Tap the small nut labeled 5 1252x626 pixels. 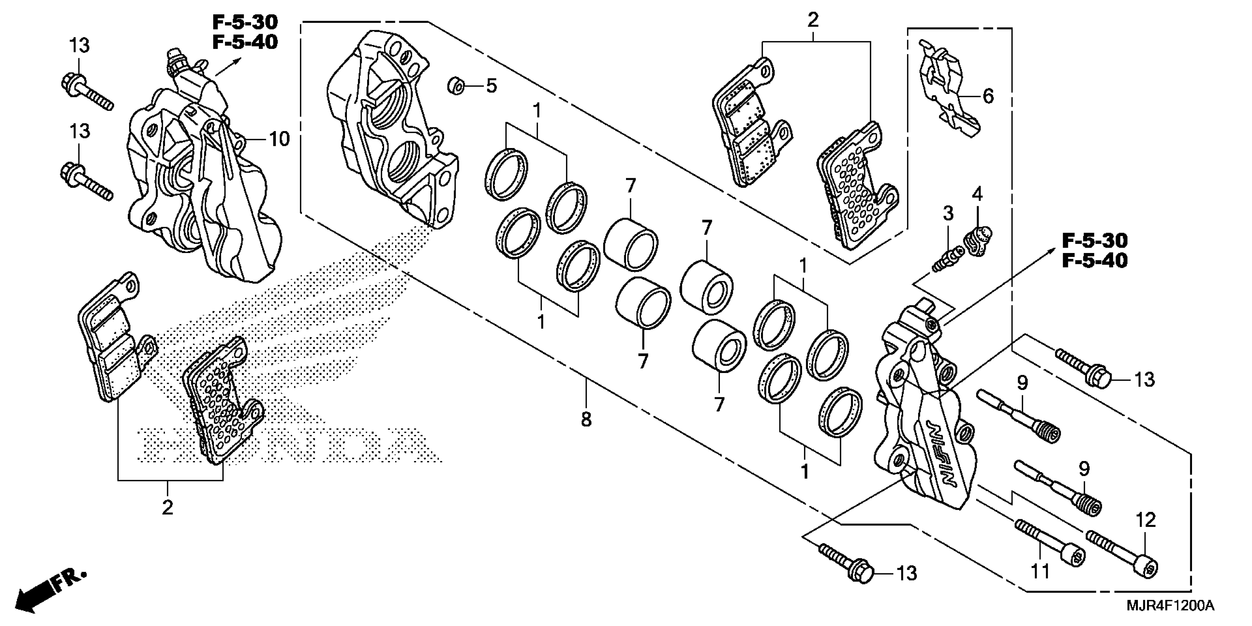[456, 86]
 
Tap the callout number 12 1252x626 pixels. [1146, 520]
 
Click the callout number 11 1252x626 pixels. [1041, 572]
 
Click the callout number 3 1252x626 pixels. [948, 213]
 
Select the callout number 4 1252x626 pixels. [977, 194]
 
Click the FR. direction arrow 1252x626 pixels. [49, 591]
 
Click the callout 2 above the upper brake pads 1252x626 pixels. [813, 20]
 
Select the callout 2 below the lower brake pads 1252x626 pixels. [167, 507]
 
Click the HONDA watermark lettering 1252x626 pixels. [287, 445]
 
